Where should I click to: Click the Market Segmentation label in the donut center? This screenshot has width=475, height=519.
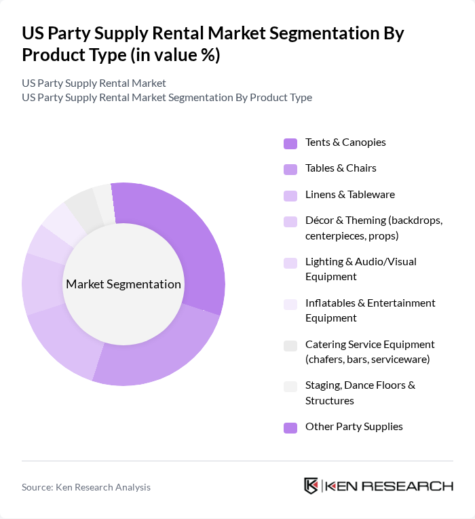123,284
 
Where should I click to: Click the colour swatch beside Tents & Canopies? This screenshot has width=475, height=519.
290,143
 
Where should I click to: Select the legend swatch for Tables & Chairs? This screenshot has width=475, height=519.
290,169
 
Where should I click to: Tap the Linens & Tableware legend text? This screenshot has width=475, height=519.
349,195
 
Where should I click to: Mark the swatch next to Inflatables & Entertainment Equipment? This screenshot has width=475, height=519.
290,305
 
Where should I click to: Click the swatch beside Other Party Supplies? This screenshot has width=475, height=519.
290,427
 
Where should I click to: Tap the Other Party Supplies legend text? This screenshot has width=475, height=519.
354,427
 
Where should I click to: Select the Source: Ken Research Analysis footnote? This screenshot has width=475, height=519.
86,487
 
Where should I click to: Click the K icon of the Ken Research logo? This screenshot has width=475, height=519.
311,486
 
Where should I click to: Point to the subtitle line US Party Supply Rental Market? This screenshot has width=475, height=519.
94,83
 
